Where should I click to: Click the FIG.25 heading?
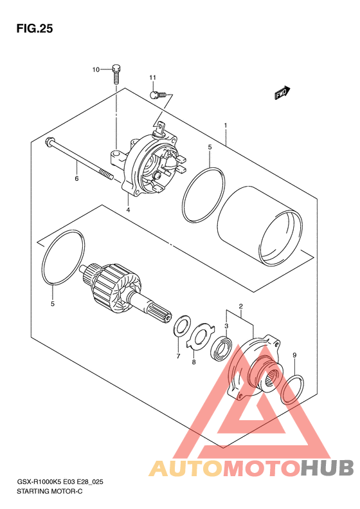click(x=34, y=29)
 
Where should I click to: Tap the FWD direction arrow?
click(x=282, y=93)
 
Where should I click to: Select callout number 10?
click(x=96, y=69)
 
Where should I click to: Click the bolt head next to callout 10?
click(x=117, y=68)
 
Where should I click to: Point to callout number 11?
click(x=152, y=78)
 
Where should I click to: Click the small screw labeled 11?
click(x=158, y=95)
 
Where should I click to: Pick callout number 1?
click(x=226, y=125)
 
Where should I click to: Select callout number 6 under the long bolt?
click(x=77, y=178)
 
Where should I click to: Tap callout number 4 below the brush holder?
click(x=128, y=210)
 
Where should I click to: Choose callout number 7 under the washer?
click(x=178, y=356)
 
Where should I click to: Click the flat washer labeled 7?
click(x=183, y=326)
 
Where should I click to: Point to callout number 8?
click(x=194, y=362)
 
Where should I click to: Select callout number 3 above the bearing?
click(x=226, y=326)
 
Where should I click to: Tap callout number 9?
click(x=294, y=355)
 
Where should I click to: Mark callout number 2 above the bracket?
click(x=240, y=306)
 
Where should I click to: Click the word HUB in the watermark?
click(x=328, y=468)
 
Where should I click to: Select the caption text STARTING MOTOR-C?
click(x=50, y=491)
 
